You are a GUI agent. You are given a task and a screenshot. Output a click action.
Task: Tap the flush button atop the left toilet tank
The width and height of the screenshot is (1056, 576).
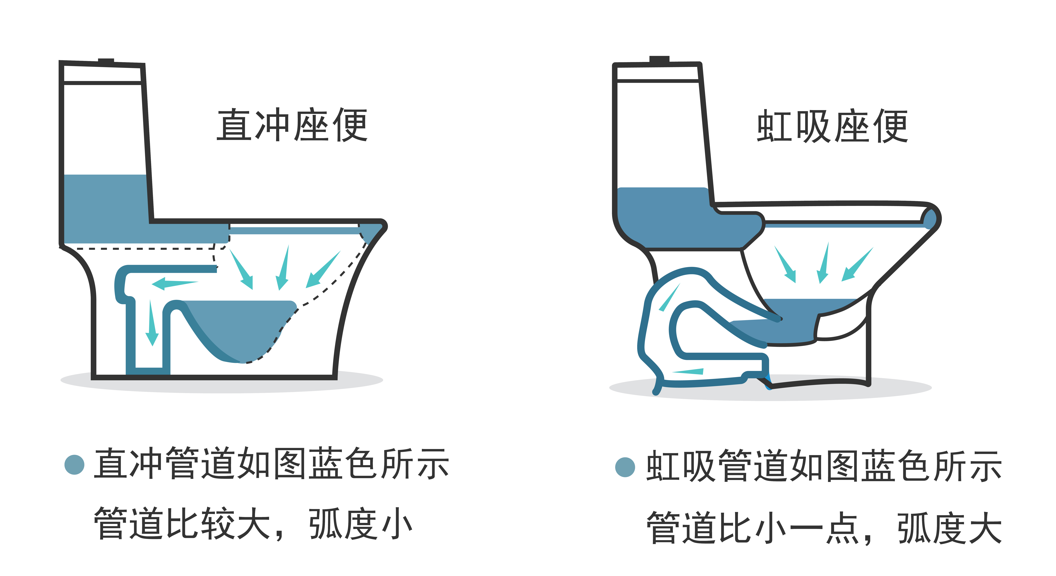point(106,61)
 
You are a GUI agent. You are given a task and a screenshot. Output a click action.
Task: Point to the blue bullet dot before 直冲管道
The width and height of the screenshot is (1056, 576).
point(75,465)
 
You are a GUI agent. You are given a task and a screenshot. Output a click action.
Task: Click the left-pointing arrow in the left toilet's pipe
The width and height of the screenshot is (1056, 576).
point(174,283)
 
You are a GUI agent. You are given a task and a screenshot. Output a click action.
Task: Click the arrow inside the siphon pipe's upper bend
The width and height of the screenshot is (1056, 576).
point(669,298)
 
